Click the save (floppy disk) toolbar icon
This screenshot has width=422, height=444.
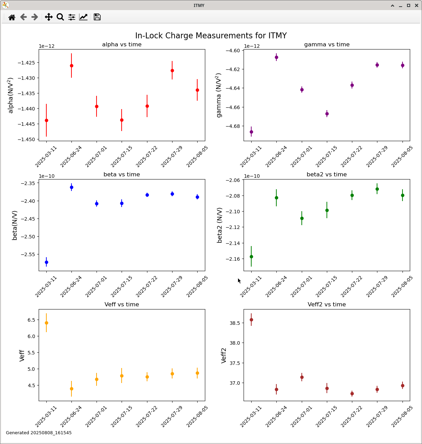97,17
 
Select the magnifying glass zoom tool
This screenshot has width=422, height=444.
60,17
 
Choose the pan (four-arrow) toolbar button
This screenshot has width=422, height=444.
49,17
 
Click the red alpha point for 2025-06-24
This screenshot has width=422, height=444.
71,66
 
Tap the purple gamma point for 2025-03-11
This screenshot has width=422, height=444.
251,132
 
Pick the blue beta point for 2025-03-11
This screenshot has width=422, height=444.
46,262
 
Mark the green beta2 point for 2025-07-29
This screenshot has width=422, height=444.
377,189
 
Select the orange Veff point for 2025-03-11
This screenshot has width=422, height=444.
46,323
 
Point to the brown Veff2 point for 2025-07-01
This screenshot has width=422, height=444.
302,377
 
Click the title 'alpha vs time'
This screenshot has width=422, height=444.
122,45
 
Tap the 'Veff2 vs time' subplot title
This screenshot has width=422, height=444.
327,305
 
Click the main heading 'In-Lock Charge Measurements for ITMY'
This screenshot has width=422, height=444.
211,36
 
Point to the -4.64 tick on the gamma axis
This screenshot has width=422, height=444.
234,88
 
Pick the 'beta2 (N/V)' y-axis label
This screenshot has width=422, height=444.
220,225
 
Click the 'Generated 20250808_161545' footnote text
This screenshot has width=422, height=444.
39,433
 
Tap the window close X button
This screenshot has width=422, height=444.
416,5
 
